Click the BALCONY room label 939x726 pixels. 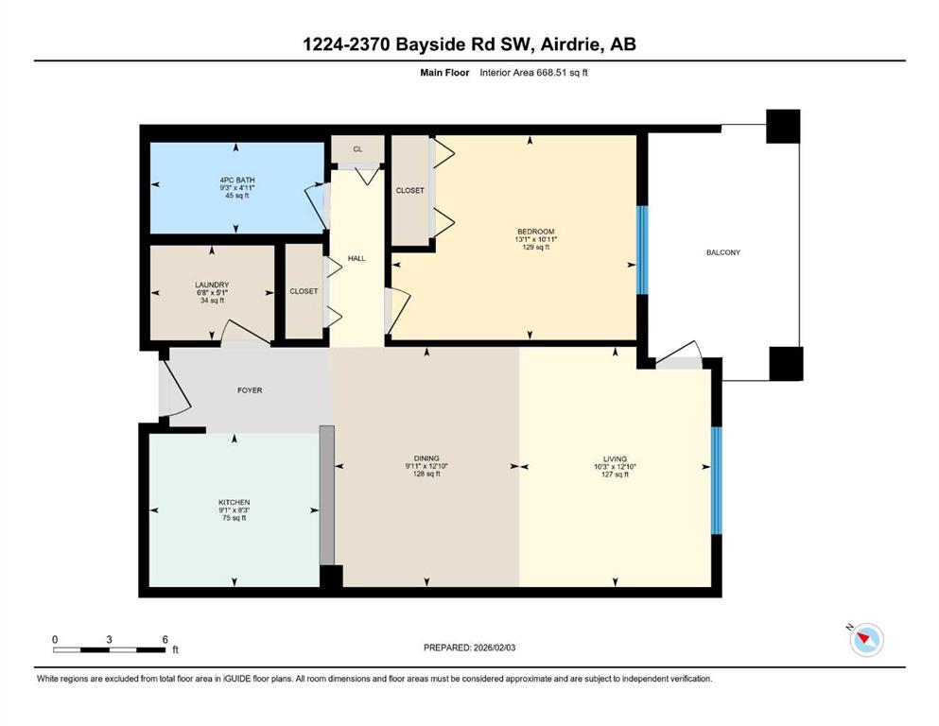click(x=722, y=252)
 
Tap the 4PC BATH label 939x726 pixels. click(x=237, y=181)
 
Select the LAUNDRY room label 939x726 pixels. click(x=212, y=285)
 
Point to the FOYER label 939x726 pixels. click(x=250, y=390)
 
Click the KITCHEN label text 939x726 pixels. click(x=235, y=503)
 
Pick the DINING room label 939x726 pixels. click(x=426, y=458)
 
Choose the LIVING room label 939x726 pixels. click(x=615, y=459)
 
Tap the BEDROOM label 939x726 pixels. click(x=536, y=232)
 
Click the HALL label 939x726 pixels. click(x=356, y=259)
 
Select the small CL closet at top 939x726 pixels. click(x=357, y=149)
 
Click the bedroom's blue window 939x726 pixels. click(x=642, y=251)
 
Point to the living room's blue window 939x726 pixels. click(x=716, y=480)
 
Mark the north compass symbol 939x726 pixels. click(x=866, y=639)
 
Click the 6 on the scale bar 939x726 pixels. click(x=165, y=639)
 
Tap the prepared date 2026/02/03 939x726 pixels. click(x=494, y=648)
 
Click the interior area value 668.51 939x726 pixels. click(x=551, y=73)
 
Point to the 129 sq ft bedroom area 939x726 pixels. click(x=536, y=247)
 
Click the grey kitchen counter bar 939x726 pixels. click(x=327, y=495)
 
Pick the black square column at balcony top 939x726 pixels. click(x=783, y=127)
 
